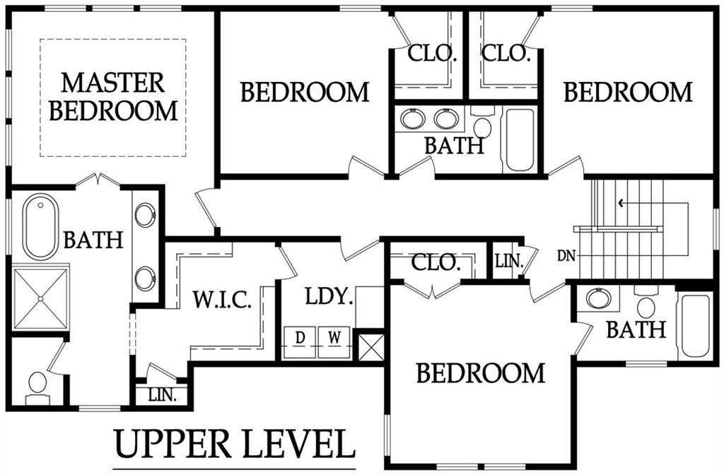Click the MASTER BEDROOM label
point(112,97)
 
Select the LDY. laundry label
point(329,297)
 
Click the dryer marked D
point(300,338)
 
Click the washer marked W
point(335,338)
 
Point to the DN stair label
point(565,253)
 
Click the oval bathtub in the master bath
point(40,227)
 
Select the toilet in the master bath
point(37,386)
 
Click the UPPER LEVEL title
point(234,443)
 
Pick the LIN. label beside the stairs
point(508,262)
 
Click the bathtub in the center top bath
point(520,139)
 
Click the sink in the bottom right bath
point(598,298)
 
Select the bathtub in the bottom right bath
point(694,326)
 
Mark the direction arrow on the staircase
point(621,204)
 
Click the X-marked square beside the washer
point(370,346)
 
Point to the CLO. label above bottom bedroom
point(436,264)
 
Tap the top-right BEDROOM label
point(628,93)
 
